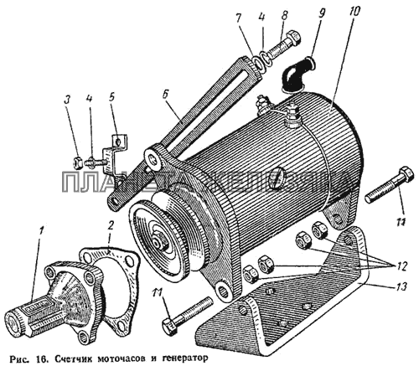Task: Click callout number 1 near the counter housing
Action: [x=42, y=232]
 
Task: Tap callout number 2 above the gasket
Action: [x=110, y=225]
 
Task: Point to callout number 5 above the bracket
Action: [x=111, y=98]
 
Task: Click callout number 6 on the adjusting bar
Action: [x=165, y=95]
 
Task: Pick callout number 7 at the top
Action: [x=238, y=19]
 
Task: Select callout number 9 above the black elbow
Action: [x=321, y=15]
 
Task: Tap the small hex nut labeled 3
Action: [x=78, y=163]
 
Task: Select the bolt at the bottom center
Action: [x=186, y=315]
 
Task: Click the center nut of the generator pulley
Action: [x=160, y=242]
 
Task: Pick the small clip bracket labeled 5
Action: [x=115, y=153]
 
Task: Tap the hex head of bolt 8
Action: [x=294, y=38]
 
